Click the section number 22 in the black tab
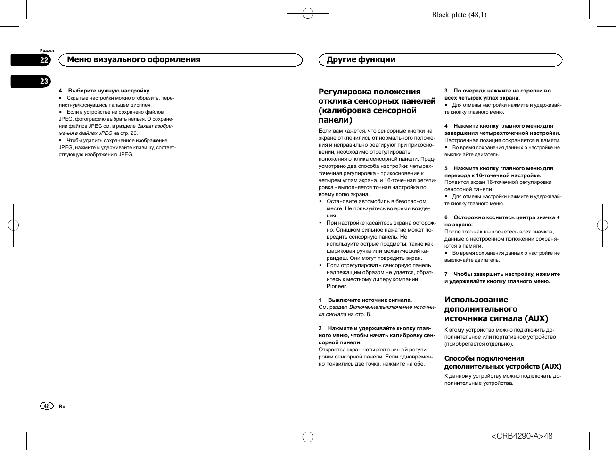pyautogui.click(x=44, y=60)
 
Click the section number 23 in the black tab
pyautogui.click(x=44, y=81)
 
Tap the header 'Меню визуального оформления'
pyautogui.click(x=133, y=60)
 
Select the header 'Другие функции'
pyautogui.click(x=361, y=60)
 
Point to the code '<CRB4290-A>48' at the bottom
pyautogui.click(x=522, y=436)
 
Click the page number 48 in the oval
pyautogui.click(x=46, y=406)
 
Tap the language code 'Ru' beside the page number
pyautogui.click(x=62, y=406)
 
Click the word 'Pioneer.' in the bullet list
pyautogui.click(x=337, y=286)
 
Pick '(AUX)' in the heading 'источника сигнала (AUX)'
pyautogui.click(x=536, y=318)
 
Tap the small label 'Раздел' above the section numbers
pyautogui.click(x=47, y=50)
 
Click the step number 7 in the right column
pyautogui.click(x=446, y=274)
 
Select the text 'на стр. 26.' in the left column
pyautogui.click(x=125, y=133)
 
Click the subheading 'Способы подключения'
pyautogui.click(x=484, y=358)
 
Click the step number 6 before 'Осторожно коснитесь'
pyautogui.click(x=446, y=217)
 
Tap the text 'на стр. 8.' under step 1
pyautogui.click(x=359, y=314)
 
